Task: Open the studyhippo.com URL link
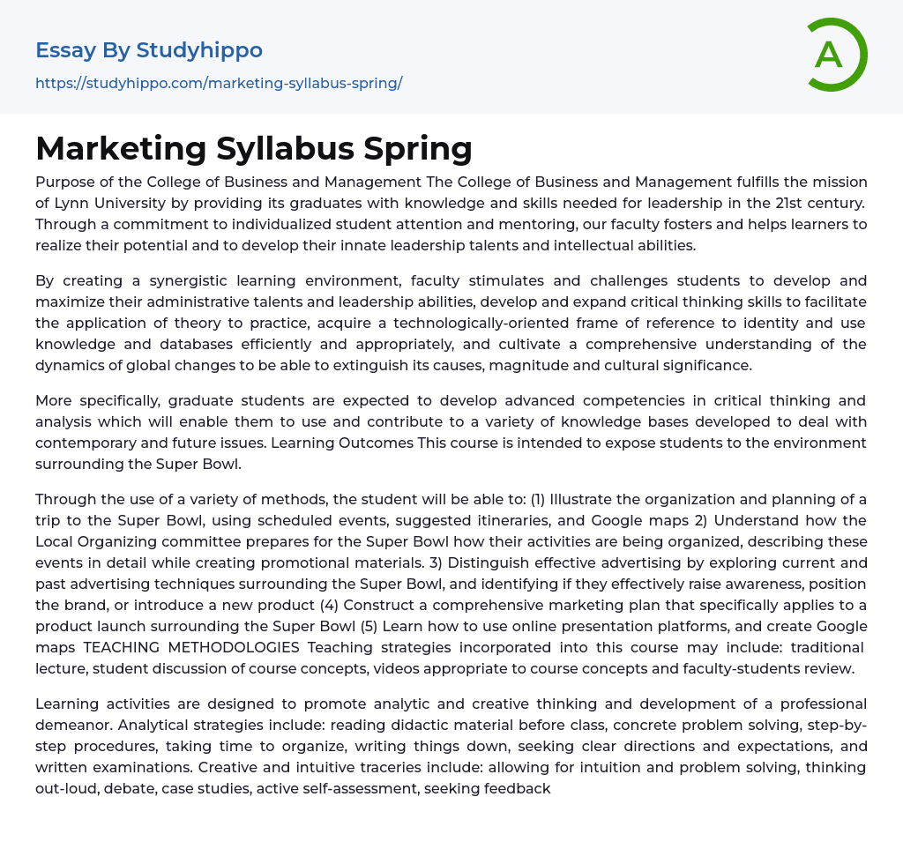point(219,83)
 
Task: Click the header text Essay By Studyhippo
point(149,50)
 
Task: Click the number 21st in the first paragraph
point(749,203)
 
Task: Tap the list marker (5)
point(371,626)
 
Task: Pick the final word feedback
point(514,788)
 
